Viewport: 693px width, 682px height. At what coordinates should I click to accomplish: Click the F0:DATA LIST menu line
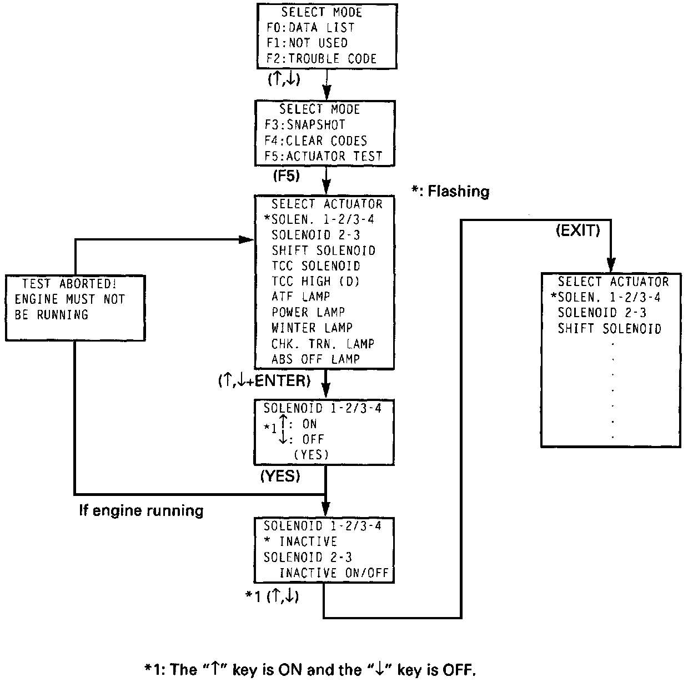(x=310, y=28)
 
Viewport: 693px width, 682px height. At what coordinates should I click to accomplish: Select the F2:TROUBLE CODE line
(x=321, y=59)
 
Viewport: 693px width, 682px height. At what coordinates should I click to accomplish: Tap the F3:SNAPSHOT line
(x=304, y=125)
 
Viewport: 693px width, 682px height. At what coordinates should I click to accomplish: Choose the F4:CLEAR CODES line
(x=315, y=141)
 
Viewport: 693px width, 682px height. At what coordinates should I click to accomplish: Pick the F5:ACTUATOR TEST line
(x=323, y=156)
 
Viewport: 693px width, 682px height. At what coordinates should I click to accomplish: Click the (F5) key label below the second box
(x=286, y=176)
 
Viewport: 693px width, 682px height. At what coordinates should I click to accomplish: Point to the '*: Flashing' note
(x=450, y=192)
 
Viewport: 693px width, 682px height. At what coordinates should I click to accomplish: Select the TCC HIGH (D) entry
(x=315, y=282)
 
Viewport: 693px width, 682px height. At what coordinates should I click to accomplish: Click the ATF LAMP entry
(x=300, y=297)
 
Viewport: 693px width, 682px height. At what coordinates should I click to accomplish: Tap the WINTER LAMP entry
(x=312, y=328)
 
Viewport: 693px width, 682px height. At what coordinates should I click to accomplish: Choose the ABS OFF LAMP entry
(x=315, y=359)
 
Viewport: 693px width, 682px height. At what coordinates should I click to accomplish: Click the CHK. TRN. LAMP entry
(x=323, y=344)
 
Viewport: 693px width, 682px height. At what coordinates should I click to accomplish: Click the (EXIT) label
(x=577, y=231)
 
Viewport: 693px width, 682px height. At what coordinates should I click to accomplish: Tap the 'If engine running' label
(x=141, y=510)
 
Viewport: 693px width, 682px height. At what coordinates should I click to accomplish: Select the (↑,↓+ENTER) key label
(x=264, y=382)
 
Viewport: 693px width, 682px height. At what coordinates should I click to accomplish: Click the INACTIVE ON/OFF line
(x=334, y=573)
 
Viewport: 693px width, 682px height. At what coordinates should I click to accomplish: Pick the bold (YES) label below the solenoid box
(x=280, y=476)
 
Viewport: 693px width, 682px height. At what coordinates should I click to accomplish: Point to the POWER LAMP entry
(x=308, y=313)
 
